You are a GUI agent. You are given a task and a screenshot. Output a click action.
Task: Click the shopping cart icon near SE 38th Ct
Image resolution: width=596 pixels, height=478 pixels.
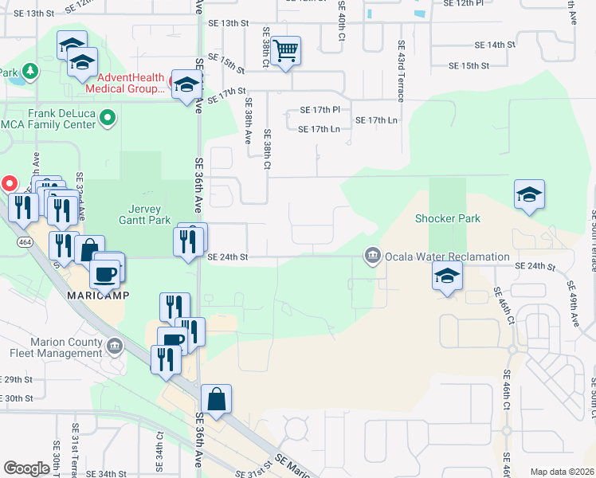click(x=285, y=52)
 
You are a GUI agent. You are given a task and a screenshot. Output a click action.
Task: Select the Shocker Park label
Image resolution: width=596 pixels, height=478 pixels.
click(x=447, y=218)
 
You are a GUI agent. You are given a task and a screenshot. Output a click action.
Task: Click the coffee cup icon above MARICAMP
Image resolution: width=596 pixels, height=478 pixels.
click(x=105, y=275)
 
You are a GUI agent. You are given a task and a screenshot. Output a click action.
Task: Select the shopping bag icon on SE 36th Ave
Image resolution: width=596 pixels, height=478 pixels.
click(x=216, y=400)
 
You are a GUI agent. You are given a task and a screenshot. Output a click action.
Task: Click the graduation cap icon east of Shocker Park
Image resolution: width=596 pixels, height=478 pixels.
click(x=529, y=195)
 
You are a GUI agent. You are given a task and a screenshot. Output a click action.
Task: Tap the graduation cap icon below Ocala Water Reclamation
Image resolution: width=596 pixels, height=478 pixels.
click(x=448, y=277)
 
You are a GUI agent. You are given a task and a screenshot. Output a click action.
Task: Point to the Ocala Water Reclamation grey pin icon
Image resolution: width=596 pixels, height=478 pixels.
click(x=371, y=256)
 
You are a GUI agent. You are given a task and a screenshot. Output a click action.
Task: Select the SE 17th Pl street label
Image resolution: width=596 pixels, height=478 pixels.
click(x=320, y=109)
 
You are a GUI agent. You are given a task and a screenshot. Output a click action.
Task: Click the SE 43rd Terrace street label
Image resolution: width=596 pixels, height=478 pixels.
click(x=401, y=65)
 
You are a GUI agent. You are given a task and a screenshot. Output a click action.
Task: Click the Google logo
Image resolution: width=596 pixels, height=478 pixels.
click(x=26, y=468)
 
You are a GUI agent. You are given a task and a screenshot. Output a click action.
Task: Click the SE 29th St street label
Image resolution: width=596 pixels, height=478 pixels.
click(x=17, y=379)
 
